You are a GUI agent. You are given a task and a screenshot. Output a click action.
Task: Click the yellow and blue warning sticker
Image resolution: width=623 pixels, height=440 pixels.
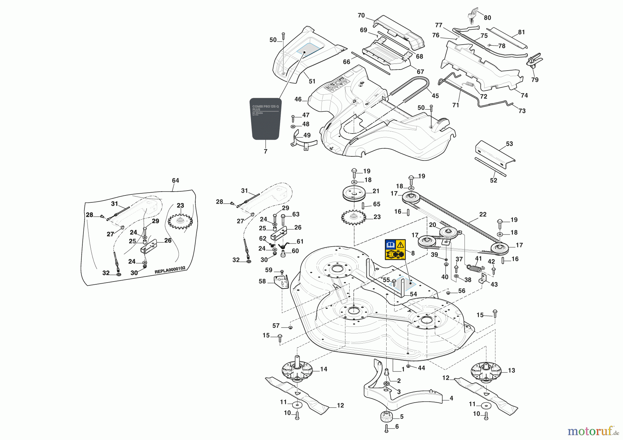tap(395, 249)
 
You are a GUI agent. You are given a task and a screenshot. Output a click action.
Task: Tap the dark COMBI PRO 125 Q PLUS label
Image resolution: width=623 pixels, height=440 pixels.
tap(265, 119)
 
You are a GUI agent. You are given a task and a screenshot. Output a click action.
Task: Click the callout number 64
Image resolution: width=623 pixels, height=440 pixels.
tap(175, 181)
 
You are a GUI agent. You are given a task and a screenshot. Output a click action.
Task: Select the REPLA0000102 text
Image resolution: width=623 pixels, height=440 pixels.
tap(170, 270)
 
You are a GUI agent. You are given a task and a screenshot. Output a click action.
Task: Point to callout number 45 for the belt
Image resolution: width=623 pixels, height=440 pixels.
tap(435, 96)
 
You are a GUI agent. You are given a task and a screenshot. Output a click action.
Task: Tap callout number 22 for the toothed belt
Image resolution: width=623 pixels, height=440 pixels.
tap(483, 214)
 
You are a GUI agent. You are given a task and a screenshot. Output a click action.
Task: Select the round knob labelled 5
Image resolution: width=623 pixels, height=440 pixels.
tap(386, 416)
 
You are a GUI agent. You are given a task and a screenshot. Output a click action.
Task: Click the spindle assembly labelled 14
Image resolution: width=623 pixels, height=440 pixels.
tap(297, 371)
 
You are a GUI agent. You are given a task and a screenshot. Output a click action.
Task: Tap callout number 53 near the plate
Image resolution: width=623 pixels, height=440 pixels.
tap(509, 144)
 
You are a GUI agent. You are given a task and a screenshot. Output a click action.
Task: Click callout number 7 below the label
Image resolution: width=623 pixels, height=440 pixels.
tap(265, 152)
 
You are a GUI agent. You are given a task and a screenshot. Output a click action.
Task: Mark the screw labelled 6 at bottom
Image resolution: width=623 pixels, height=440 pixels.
tap(387, 428)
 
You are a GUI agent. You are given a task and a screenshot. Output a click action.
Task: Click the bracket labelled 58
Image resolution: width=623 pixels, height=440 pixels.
tap(281, 281)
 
